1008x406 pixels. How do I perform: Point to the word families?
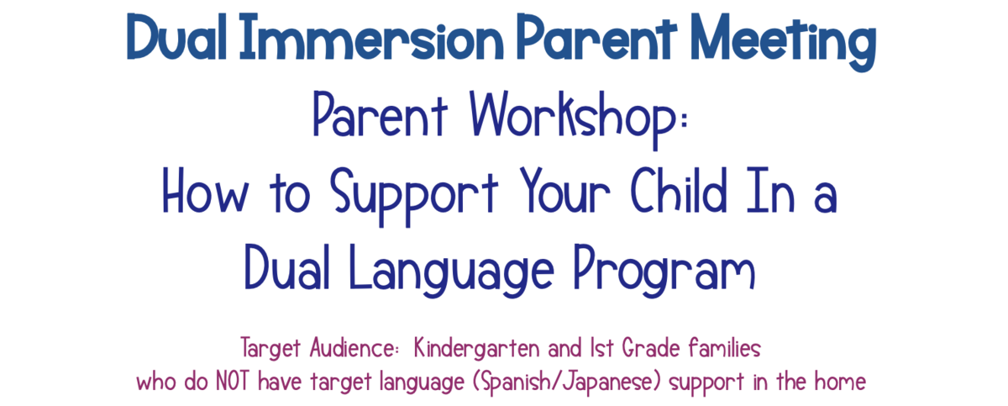pos(730,346)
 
